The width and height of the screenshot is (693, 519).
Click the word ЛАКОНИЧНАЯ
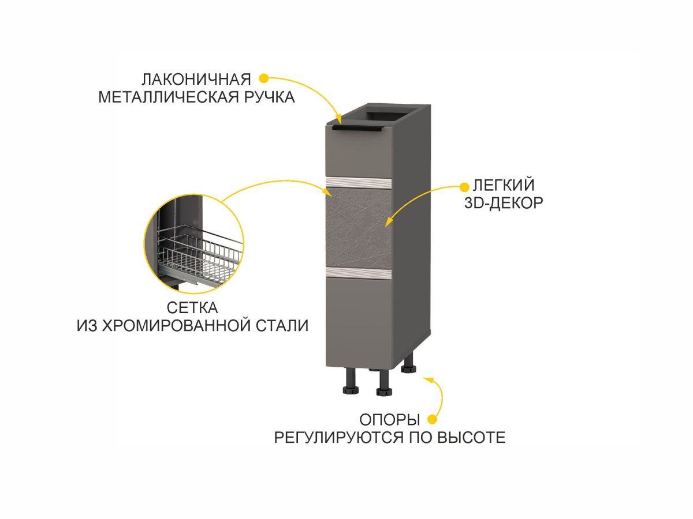tap(197, 78)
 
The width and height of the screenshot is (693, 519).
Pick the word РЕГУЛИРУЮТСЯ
tap(338, 437)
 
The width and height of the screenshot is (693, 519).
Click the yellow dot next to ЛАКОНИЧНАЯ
tap(263, 77)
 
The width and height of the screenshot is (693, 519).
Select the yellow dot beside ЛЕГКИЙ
tap(463, 186)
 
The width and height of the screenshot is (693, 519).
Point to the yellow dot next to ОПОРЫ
tap(431, 419)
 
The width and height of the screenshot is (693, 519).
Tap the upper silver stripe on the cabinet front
tap(360, 184)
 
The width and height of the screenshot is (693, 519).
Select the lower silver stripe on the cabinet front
tap(360, 272)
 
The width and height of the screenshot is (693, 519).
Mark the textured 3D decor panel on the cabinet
tap(360, 228)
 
